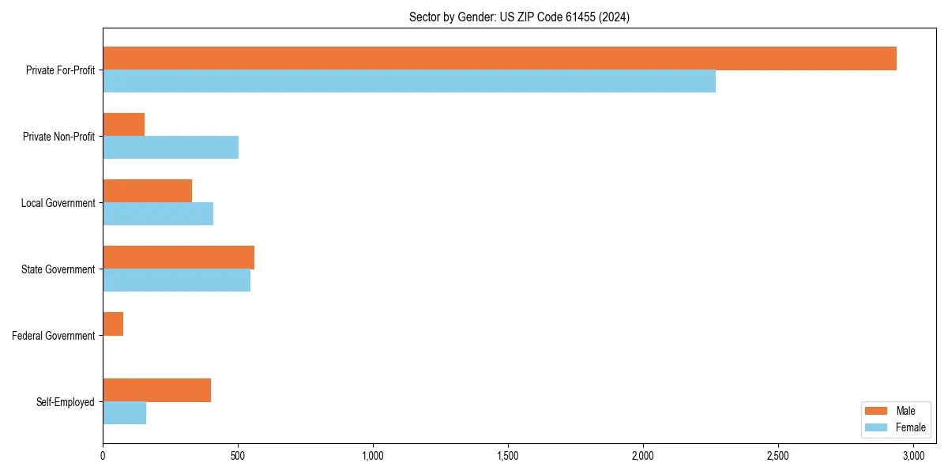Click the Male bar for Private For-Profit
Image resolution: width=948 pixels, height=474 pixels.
point(499,58)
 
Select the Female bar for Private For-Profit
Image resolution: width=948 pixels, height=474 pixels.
point(409,81)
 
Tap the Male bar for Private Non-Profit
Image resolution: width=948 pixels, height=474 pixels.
point(123,125)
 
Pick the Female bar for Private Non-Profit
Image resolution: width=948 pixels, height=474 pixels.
point(171,148)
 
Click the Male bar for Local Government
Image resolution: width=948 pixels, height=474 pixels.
point(147,191)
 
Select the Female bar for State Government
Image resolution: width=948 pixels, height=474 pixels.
point(176,280)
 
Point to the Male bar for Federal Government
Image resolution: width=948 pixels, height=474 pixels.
point(113,324)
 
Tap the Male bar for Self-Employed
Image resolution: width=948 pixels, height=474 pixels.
point(156,390)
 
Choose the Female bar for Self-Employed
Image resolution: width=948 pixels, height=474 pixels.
point(124,413)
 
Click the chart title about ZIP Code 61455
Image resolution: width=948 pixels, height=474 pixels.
point(519,17)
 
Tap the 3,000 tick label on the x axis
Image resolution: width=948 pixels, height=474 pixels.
point(913,456)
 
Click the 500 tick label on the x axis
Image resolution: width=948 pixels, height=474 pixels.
point(238,456)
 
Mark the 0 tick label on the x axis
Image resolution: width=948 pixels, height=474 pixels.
point(103,456)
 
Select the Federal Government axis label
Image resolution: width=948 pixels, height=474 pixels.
point(54,336)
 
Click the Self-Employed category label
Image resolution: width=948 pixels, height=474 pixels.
point(66,402)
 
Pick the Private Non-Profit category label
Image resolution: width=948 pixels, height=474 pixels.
point(58,137)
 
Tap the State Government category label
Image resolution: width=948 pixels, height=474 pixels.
point(58,269)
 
